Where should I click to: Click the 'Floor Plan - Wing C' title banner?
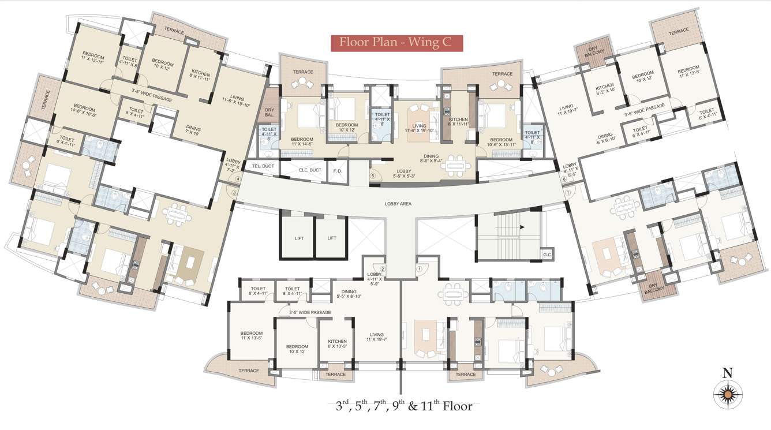pyautogui.click(x=396, y=42)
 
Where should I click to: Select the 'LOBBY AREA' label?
pyautogui.click(x=397, y=204)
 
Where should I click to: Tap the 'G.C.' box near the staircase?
pyautogui.click(x=547, y=254)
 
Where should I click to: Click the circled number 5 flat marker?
pyautogui.click(x=373, y=176)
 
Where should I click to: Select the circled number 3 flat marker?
pyautogui.click(x=234, y=193)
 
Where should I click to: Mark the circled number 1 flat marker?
pyautogui.click(x=420, y=268)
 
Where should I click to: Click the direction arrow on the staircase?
pyautogui.click(x=521, y=227)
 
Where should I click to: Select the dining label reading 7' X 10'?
pyautogui.click(x=193, y=130)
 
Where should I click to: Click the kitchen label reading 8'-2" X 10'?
pyautogui.click(x=604, y=88)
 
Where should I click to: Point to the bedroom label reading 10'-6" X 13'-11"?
pyautogui.click(x=500, y=143)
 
